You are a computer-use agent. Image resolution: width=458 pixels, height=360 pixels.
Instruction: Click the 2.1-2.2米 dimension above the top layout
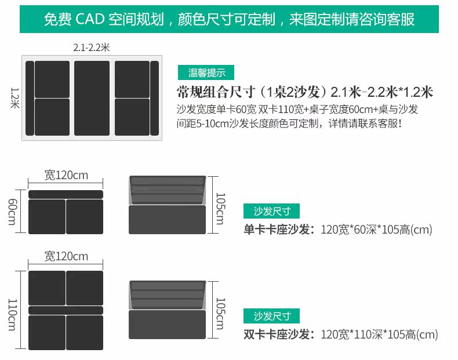click(92, 48)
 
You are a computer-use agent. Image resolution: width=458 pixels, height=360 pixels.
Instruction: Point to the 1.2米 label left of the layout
click(15, 97)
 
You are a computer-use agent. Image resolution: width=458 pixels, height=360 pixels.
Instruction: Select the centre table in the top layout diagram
click(92, 97)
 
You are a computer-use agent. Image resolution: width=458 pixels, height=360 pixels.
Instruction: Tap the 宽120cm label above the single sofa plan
click(66, 175)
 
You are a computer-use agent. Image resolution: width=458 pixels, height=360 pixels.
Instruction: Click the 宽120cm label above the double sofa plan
click(66, 256)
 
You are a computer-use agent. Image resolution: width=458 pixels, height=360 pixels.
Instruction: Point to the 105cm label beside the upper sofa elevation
click(220, 207)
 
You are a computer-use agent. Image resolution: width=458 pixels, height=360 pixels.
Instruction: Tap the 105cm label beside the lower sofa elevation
click(220, 313)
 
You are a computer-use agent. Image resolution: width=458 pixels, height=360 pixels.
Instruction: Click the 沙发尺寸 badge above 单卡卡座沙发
click(272, 211)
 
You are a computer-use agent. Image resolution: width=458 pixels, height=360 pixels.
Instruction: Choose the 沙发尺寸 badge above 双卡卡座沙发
click(272, 316)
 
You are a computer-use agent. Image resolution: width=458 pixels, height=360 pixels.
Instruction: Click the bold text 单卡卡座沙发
click(279, 230)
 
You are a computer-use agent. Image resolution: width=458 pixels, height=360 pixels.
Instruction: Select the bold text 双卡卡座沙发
click(279, 334)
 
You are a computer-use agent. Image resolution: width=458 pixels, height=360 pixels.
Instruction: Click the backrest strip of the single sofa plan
click(66, 194)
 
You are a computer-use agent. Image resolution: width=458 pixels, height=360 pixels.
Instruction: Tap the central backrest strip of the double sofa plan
click(66, 310)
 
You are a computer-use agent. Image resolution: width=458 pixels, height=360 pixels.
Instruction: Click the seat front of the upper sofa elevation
click(167, 220)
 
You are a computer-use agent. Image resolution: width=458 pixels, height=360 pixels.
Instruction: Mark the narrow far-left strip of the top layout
click(30, 97)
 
